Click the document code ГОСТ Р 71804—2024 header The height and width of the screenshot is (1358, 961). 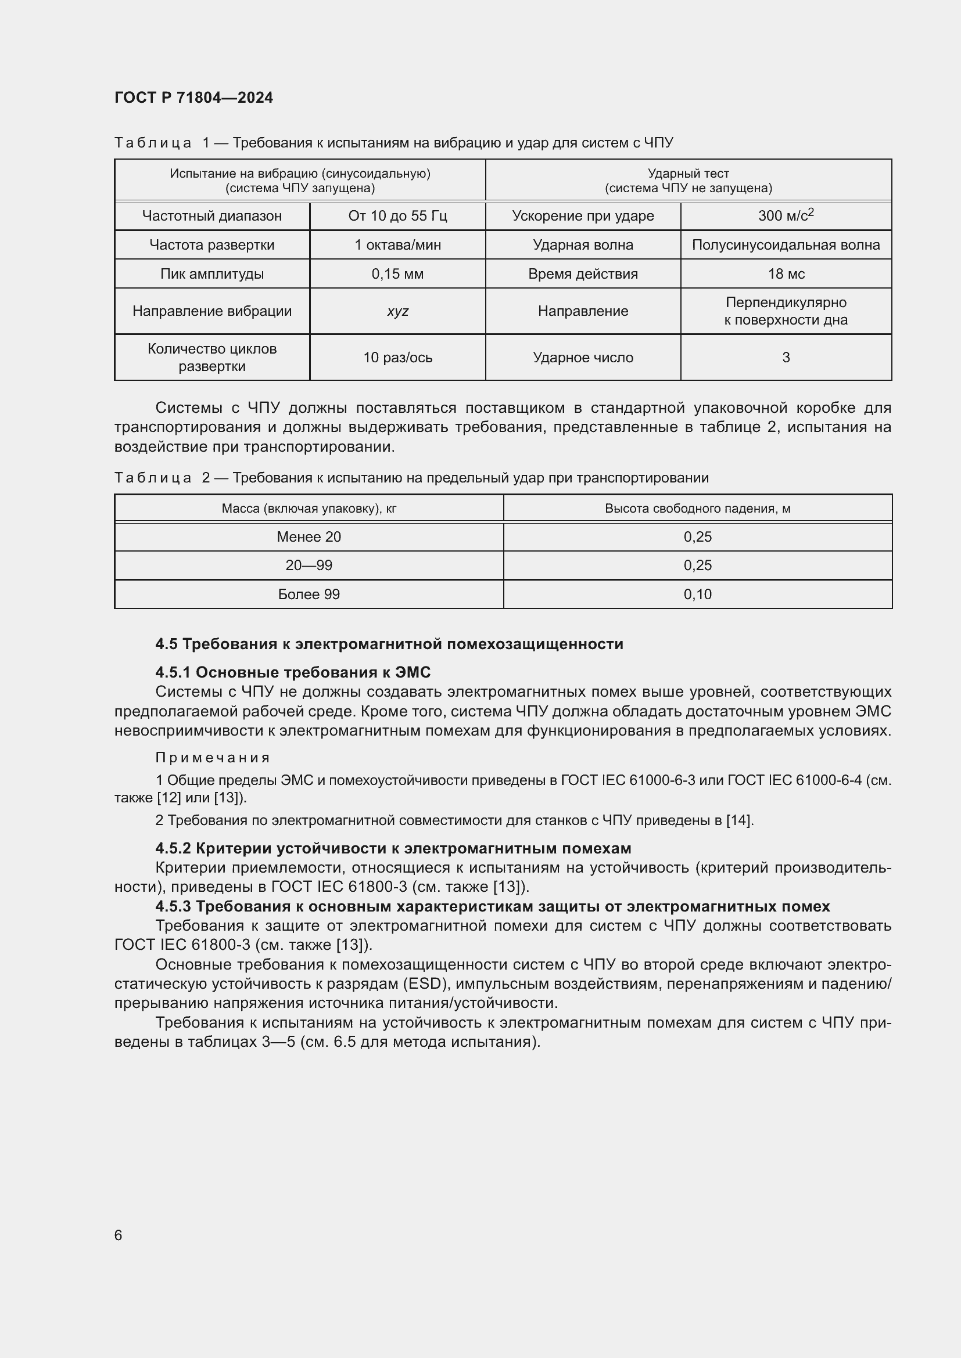[193, 98]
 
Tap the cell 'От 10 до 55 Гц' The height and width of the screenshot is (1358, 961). [397, 216]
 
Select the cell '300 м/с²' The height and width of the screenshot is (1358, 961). [786, 215]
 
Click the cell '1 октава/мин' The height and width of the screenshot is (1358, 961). [397, 245]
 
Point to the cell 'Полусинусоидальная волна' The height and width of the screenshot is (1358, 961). [786, 245]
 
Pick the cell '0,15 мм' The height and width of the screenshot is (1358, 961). [397, 274]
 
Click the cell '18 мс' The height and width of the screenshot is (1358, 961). [786, 274]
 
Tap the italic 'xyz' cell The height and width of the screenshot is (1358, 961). [397, 311]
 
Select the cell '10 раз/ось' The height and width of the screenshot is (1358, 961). [397, 357]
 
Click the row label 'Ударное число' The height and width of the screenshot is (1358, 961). [583, 357]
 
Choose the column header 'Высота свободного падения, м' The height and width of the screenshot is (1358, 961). [697, 508]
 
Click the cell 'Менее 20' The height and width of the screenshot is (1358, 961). [309, 536]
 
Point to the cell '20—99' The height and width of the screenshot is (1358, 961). [309, 565]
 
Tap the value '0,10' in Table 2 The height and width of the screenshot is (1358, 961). [697, 594]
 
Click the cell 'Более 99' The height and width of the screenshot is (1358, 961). [309, 594]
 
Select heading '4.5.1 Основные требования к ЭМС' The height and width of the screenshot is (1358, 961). [293, 672]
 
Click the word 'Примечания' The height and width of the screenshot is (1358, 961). [213, 758]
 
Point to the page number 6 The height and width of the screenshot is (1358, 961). [119, 1235]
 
